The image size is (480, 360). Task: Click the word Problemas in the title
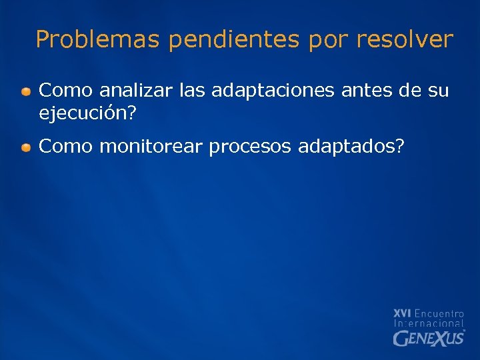(x=97, y=40)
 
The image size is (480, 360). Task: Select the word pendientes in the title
(x=235, y=40)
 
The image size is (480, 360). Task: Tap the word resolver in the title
(x=404, y=40)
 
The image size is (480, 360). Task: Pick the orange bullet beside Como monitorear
(x=25, y=147)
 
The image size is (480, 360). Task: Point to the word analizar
(x=137, y=89)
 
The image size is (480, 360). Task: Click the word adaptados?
(x=351, y=147)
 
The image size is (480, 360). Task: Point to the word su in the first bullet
(x=439, y=90)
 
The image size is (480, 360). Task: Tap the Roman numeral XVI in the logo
(x=402, y=313)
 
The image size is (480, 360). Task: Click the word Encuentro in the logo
(x=439, y=313)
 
